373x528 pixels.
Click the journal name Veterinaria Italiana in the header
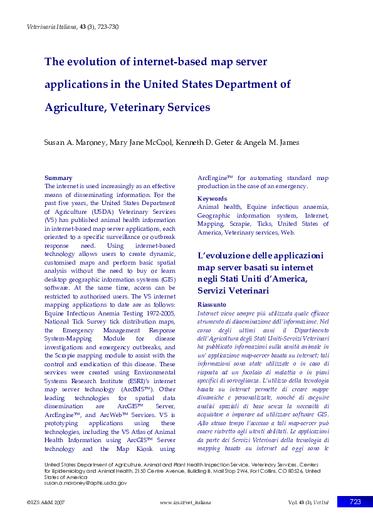click(51, 26)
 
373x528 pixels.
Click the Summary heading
click(58, 178)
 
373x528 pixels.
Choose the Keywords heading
click(212, 199)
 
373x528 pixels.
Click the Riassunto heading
click(211, 304)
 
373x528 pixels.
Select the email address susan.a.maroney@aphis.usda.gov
click(86, 483)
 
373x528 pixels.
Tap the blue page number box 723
click(355, 502)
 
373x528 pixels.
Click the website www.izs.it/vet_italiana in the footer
click(185, 503)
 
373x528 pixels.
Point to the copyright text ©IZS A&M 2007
click(45, 503)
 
